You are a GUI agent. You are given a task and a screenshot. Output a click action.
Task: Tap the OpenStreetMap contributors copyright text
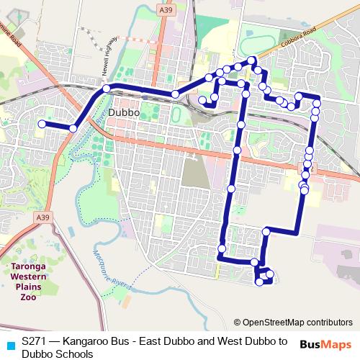292,322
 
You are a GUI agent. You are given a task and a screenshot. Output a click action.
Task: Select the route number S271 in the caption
35,341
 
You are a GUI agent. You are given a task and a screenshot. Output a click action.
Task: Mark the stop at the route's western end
42,124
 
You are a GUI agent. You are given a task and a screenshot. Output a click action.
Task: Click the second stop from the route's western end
73,128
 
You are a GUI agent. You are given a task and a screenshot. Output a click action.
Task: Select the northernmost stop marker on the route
251,59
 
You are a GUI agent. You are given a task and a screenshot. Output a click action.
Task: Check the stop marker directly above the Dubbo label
107,88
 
